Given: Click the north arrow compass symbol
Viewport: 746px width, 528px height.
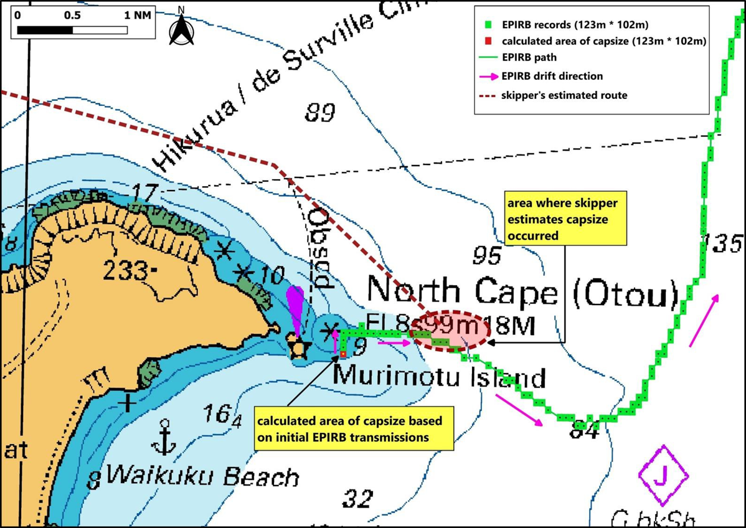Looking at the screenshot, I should click(x=181, y=29).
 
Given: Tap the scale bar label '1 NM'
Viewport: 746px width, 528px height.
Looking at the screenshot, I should click(x=138, y=14).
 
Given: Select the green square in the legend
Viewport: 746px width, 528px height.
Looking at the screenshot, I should click(x=489, y=26).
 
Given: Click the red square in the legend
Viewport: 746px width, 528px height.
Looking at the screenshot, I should click(x=489, y=42).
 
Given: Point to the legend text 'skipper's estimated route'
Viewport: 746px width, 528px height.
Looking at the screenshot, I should click(x=564, y=95).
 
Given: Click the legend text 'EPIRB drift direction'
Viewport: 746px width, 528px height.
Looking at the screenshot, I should click(x=552, y=77).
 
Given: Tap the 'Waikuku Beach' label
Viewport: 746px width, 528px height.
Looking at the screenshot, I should click(x=202, y=477).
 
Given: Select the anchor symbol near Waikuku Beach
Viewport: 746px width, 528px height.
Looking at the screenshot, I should click(x=164, y=437).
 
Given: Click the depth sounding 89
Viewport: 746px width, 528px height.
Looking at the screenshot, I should click(x=320, y=113).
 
